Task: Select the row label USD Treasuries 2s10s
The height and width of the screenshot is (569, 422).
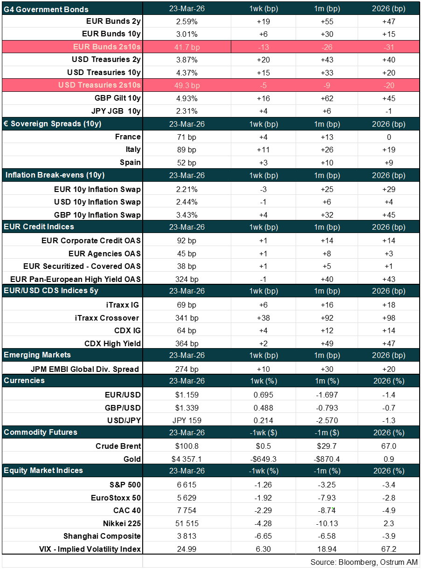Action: [99, 85]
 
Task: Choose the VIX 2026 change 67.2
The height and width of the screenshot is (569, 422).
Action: [389, 549]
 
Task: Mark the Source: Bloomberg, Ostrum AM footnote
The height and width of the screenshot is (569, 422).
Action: [364, 562]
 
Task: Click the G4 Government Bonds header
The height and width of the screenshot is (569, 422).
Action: [46, 9]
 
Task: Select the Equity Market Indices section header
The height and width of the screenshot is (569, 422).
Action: [43, 470]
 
